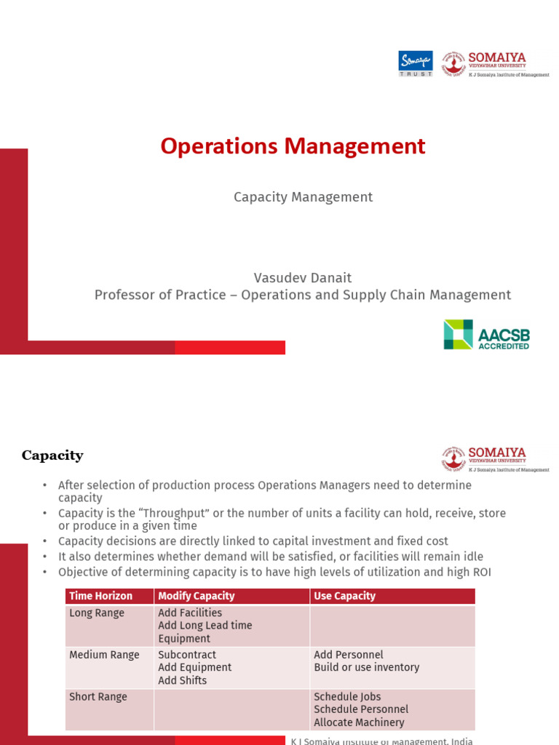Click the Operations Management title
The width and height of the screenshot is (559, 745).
(293, 146)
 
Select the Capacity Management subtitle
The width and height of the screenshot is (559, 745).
(303, 197)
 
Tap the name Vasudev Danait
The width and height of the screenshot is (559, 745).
(303, 278)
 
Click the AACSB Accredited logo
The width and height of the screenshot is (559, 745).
(486, 335)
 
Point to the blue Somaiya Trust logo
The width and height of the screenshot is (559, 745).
(416, 63)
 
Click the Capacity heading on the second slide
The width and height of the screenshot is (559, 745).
(52, 456)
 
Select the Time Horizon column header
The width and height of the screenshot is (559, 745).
(100, 596)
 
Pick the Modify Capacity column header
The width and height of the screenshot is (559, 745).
(197, 596)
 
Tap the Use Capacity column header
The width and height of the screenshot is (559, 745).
(344, 596)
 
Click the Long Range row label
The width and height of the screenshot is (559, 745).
(97, 613)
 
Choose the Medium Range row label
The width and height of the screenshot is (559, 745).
(104, 655)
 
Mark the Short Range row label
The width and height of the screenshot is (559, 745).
(98, 697)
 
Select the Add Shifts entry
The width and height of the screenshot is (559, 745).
(183, 681)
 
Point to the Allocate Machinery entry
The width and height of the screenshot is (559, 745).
(359, 722)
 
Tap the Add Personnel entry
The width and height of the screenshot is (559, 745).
(349, 655)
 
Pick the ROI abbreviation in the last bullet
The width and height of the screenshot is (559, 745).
(480, 573)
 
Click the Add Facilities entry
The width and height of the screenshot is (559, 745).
(190, 613)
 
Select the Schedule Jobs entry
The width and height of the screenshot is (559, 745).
(347, 697)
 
